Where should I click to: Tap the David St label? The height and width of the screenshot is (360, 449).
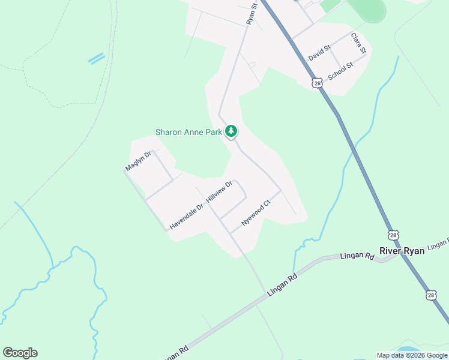[319, 53]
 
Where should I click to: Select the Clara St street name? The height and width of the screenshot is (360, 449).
[358, 43]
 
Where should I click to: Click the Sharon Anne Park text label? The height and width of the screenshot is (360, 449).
[188, 132]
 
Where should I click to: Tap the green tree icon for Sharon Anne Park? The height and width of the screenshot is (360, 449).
[231, 131]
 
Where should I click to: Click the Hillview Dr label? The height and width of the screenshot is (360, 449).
[218, 191]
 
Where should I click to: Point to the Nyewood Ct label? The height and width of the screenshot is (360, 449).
[256, 213]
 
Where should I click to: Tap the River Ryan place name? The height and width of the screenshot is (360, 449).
[402, 251]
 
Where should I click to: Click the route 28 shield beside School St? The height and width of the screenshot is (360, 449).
[317, 83]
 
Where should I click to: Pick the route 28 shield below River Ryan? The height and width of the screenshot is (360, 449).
[431, 295]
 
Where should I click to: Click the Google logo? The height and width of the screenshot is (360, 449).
[20, 353]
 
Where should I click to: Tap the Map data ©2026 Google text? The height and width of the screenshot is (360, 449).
[412, 355]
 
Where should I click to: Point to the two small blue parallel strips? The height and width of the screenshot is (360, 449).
[96, 58]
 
